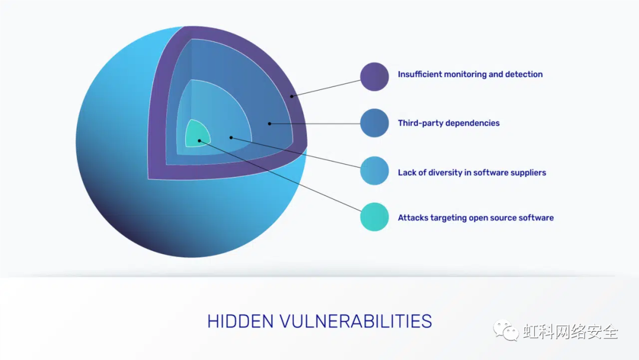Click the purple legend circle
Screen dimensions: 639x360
[x=374, y=76]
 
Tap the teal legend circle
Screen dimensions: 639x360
[x=374, y=217]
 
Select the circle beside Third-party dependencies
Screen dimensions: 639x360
[x=374, y=123]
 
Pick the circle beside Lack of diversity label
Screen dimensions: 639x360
[x=374, y=171]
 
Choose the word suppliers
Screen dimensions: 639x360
[x=528, y=172]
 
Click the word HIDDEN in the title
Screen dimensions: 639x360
[x=240, y=322]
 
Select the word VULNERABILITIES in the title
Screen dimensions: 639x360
[x=356, y=322]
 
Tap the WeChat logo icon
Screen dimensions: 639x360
[x=506, y=330]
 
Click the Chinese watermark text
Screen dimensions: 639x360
[x=570, y=332]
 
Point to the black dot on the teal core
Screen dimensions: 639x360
[x=199, y=141]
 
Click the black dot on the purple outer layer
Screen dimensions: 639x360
[x=291, y=97]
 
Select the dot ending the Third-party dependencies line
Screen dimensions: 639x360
[x=269, y=124]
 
